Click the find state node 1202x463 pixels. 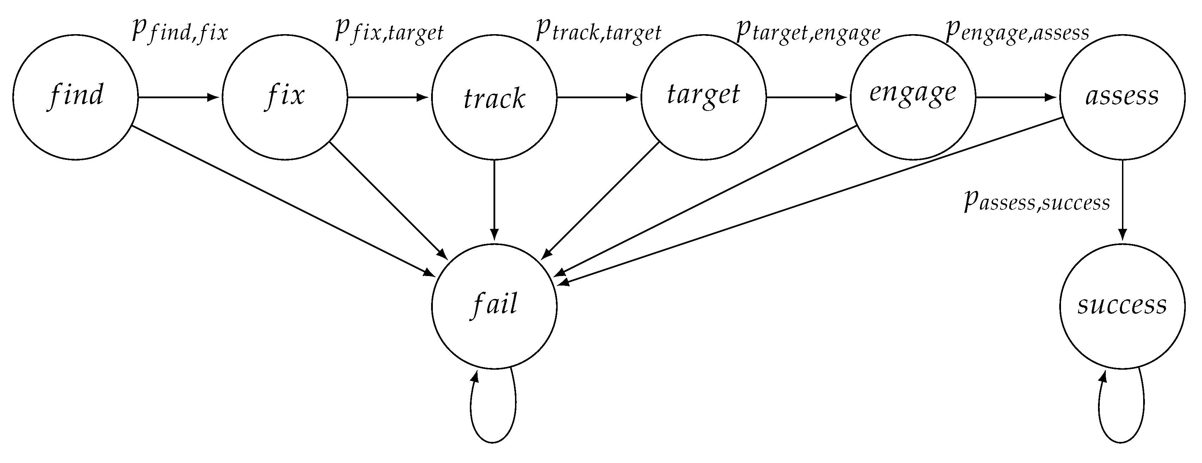(x=75, y=97)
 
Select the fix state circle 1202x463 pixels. (x=284, y=97)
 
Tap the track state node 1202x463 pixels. (x=494, y=97)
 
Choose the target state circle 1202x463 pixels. (x=704, y=97)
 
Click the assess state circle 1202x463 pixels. (x=1122, y=97)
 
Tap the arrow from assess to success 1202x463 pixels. (x=1122, y=200)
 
